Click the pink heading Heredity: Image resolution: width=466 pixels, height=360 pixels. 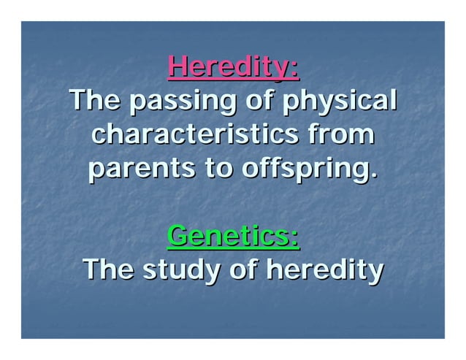233,68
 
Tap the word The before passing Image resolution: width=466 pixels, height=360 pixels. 95,102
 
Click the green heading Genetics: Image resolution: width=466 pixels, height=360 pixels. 233,236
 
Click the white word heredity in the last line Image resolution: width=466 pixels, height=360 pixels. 324,271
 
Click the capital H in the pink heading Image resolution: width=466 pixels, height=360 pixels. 178,68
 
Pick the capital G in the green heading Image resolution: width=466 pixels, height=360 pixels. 178,236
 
